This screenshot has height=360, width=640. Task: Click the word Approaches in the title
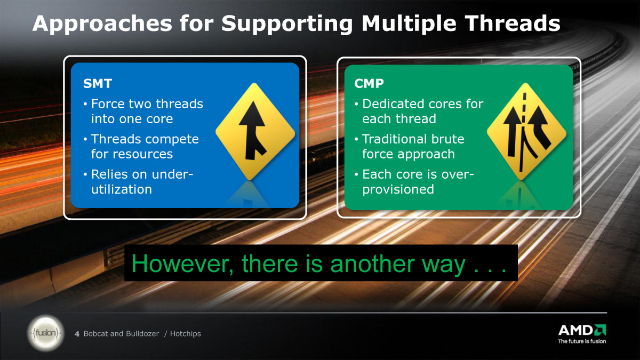click(102, 24)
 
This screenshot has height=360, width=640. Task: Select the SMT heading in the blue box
click(98, 83)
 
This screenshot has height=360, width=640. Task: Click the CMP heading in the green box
click(369, 83)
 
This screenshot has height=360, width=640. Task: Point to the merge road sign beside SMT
click(255, 131)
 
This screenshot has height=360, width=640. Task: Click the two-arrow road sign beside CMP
click(526, 131)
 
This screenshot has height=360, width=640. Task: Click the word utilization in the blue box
click(122, 189)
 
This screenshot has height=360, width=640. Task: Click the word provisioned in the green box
click(398, 190)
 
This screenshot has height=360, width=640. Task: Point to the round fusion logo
click(46, 333)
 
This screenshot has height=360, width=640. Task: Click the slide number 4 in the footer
click(77, 334)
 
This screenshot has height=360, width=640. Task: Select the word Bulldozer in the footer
click(142, 334)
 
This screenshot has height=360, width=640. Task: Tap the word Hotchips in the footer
click(186, 334)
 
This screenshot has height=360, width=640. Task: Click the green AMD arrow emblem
click(600, 330)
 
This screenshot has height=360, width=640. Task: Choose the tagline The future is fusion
click(582, 341)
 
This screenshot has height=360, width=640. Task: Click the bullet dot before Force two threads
click(85, 104)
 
